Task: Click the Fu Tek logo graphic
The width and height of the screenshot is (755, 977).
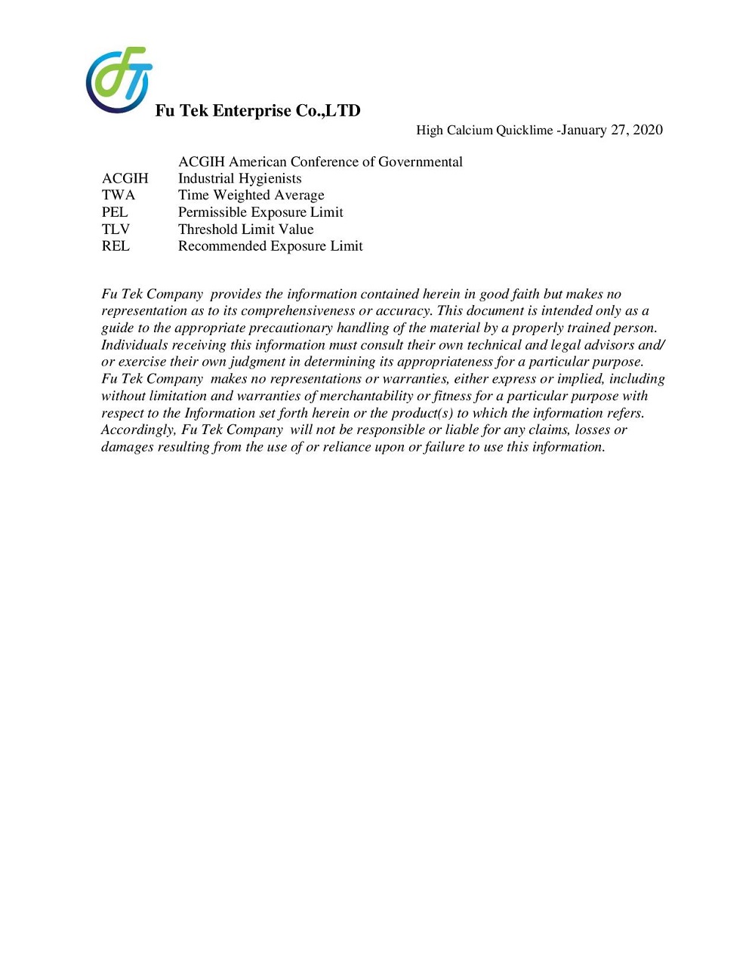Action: [119, 80]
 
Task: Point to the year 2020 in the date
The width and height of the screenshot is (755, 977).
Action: [648, 130]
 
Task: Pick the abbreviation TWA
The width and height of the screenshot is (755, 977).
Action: [119, 196]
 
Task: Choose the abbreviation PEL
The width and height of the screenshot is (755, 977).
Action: [115, 212]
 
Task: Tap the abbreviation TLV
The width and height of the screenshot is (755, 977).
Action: [116, 230]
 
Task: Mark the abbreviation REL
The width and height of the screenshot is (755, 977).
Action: [116, 246]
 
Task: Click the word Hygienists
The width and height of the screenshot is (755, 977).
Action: [272, 179]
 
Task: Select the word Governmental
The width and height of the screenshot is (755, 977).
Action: [421, 162]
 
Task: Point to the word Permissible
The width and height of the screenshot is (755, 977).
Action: [214, 212]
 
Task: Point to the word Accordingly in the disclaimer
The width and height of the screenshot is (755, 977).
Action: [138, 430]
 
